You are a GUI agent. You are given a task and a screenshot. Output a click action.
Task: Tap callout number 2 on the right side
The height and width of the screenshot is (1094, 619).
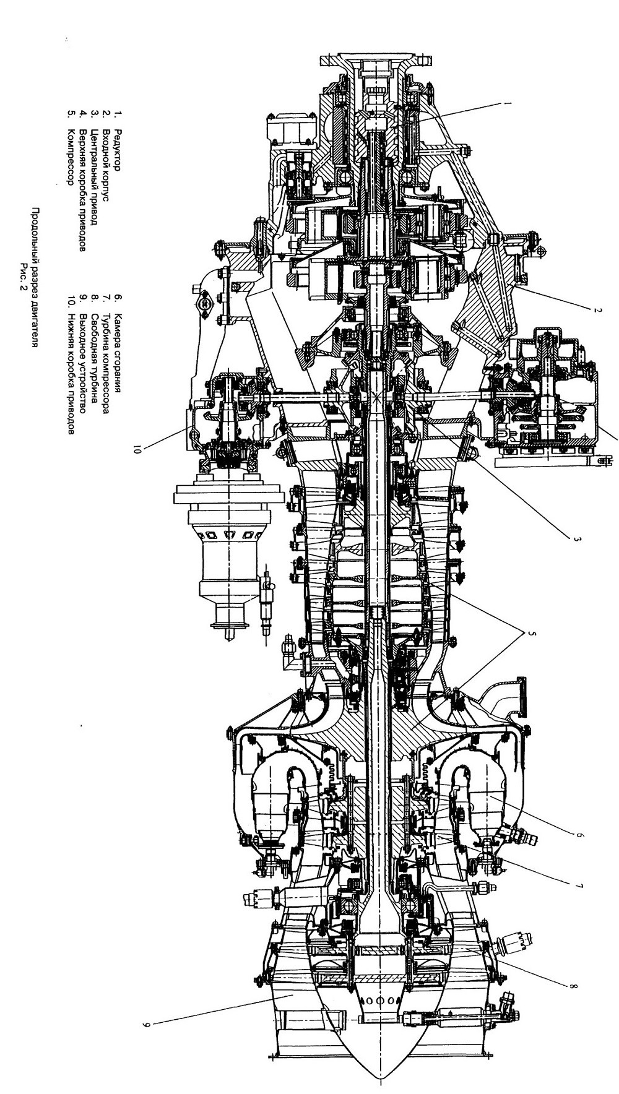point(597,309)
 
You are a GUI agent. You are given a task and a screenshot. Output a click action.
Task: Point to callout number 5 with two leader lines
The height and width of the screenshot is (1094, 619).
point(530,633)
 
